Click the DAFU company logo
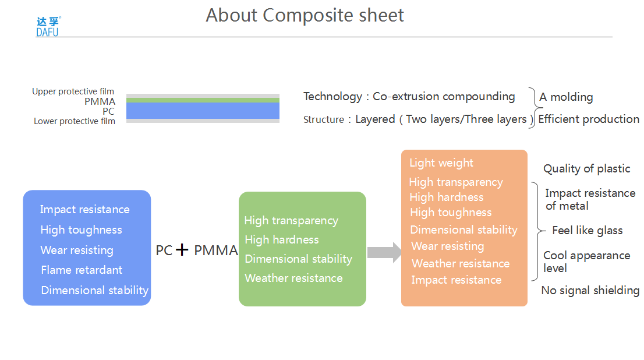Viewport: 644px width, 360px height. click(x=48, y=27)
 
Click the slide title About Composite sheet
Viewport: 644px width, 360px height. click(x=305, y=16)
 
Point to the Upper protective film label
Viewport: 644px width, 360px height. click(x=73, y=91)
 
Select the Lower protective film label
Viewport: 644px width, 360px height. click(x=75, y=121)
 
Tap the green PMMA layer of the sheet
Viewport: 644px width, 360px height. click(x=203, y=100)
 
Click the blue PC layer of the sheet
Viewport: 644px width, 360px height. click(x=203, y=111)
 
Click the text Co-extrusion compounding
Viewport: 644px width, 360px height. click(x=444, y=96)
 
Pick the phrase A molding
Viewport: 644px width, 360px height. click(x=566, y=97)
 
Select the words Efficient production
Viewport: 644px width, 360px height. click(x=589, y=119)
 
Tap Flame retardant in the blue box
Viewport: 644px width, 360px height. click(x=82, y=270)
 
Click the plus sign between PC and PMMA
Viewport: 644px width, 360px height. click(x=182, y=249)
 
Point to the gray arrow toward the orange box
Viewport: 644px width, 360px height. click(x=384, y=252)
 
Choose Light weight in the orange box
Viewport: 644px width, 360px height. click(x=441, y=163)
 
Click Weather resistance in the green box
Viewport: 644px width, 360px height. click(x=293, y=278)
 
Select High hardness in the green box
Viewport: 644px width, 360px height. click(x=282, y=239)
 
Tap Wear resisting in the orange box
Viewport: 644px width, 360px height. click(x=448, y=246)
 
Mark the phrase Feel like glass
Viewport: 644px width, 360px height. click(x=588, y=231)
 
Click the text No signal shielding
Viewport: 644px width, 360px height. click(x=590, y=291)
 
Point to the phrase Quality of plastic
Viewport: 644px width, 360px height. click(x=586, y=169)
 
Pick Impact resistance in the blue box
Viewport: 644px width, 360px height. click(x=84, y=210)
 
